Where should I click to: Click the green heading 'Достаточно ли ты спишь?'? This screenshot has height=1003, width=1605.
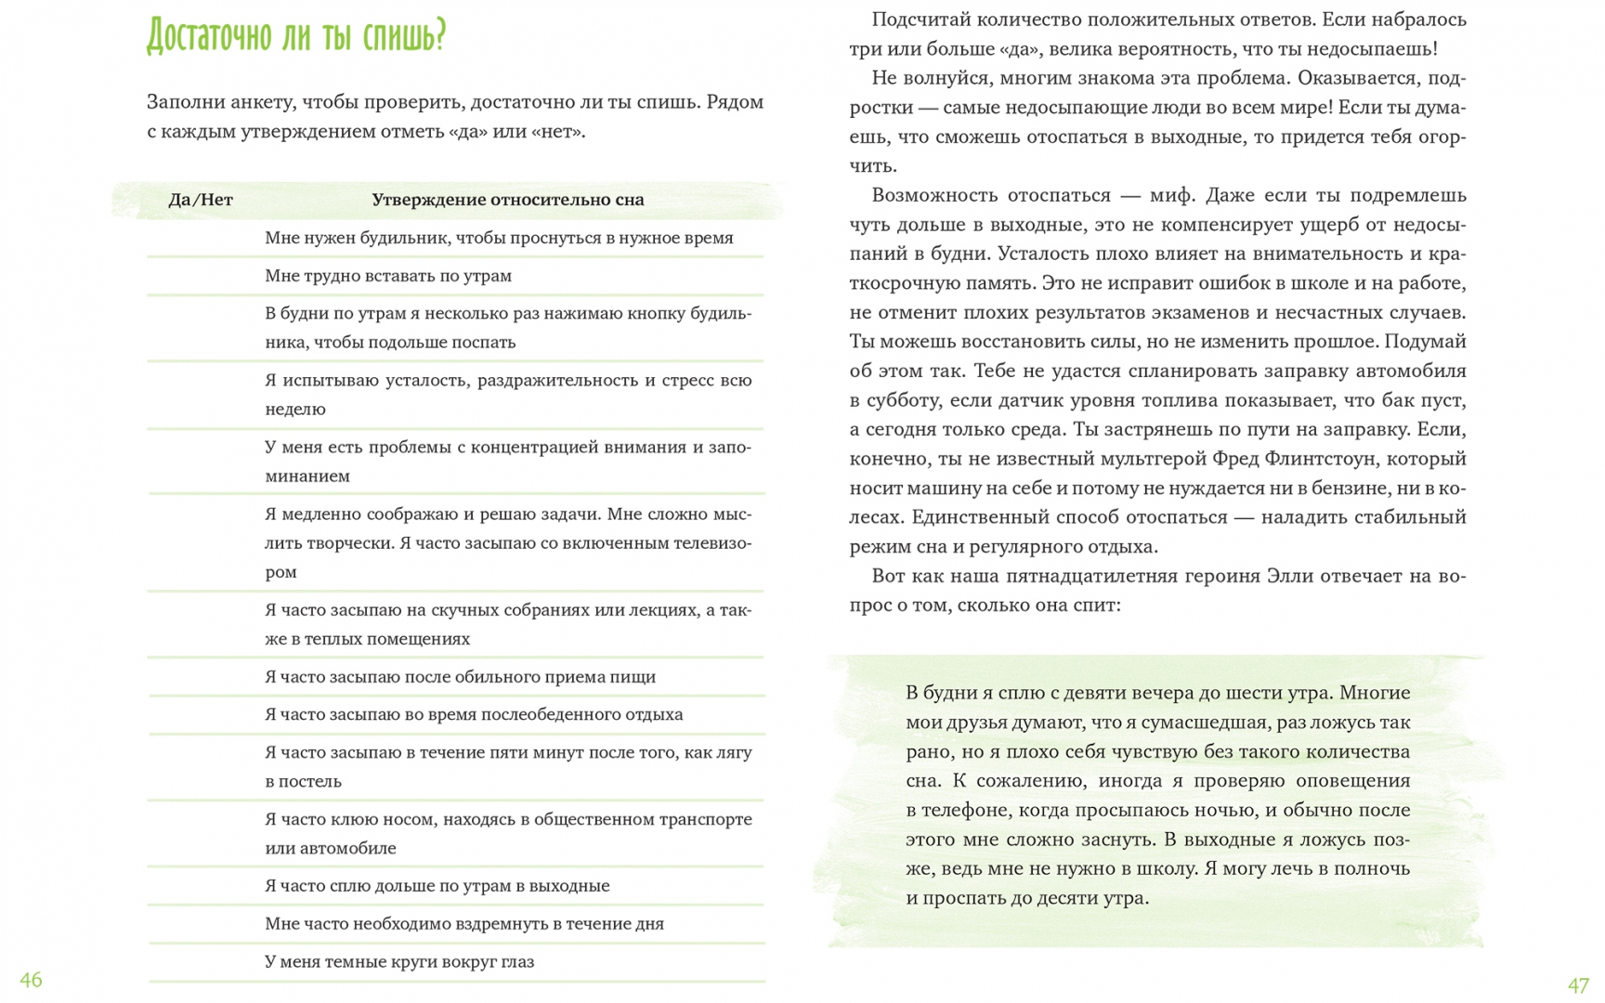(296, 37)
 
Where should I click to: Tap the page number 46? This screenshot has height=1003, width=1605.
(31, 980)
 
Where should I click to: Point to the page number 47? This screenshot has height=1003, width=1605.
(1578, 985)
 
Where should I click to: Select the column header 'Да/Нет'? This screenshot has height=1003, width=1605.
(201, 200)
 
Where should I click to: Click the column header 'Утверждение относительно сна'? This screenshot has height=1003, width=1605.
(507, 200)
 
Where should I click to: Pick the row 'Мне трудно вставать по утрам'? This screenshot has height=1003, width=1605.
(388, 276)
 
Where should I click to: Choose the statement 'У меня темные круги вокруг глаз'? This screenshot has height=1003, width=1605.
(399, 962)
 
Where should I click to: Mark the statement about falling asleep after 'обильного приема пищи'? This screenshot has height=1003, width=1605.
(460, 677)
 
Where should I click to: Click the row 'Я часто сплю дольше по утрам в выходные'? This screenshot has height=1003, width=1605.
(437, 886)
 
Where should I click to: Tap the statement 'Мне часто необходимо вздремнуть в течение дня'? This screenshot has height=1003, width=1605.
(464, 924)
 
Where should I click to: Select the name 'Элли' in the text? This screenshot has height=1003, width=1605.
(1289, 576)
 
